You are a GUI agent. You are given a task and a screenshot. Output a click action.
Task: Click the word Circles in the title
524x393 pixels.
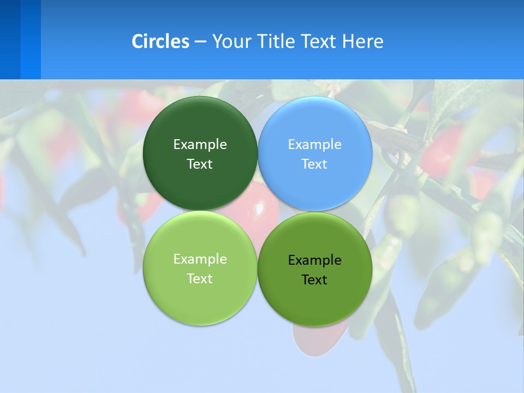click(x=160, y=41)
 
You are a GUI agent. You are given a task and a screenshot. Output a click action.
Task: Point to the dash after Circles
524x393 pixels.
click(x=200, y=42)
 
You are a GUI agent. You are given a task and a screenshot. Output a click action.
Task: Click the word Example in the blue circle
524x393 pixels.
click(x=314, y=145)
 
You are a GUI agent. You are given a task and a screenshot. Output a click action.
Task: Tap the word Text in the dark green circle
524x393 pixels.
click(x=200, y=164)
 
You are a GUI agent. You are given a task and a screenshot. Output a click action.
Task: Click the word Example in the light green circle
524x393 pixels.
click(x=200, y=259)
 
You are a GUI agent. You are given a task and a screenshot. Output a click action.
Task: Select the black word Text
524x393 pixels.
click(x=314, y=280)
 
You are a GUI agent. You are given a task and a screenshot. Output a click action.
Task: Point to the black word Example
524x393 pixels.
click(x=314, y=260)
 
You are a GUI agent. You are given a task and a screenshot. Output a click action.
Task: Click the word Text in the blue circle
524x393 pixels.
click(x=314, y=164)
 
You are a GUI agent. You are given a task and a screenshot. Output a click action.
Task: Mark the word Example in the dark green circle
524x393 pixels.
click(x=200, y=145)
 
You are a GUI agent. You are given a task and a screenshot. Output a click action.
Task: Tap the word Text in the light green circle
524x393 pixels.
click(x=200, y=279)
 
